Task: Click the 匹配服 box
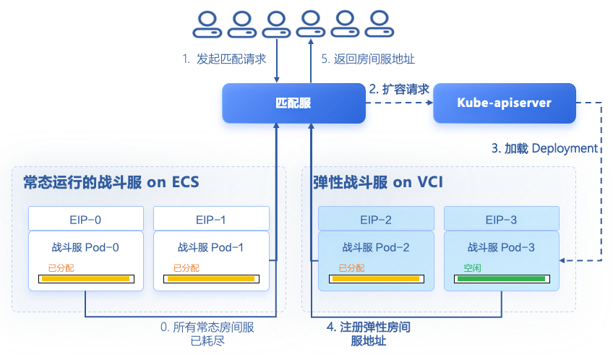293,103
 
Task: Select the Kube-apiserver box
505,103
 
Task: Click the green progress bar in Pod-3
502,279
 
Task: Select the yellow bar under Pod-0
86,279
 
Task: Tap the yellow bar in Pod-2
376,279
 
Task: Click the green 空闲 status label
472,268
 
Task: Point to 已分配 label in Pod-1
187,268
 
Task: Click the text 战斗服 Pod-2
376,247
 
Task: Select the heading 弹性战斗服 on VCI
378,183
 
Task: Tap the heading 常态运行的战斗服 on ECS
111,183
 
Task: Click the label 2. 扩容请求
399,90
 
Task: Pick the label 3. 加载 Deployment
544,148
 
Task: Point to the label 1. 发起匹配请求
224,59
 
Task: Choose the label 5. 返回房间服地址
368,59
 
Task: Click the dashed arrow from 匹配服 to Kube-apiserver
399,103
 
